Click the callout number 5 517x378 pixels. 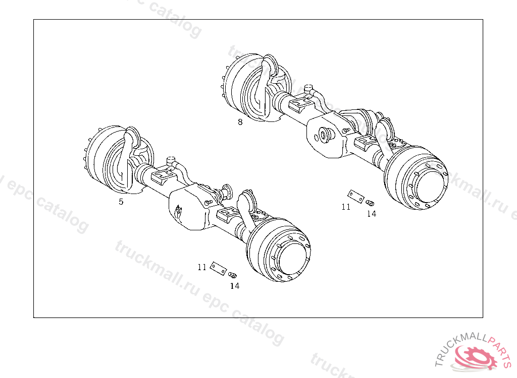click(x=121, y=202)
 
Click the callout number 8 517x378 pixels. click(x=240, y=122)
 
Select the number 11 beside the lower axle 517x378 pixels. click(x=202, y=267)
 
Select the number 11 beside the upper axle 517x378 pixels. click(x=346, y=207)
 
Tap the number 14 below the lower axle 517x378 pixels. click(x=235, y=286)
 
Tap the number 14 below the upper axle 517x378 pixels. click(x=372, y=214)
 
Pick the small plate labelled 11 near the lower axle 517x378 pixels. click(x=218, y=268)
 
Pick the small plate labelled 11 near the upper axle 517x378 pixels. click(x=356, y=196)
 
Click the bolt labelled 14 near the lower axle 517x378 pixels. click(x=233, y=275)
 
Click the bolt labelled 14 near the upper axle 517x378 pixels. click(x=370, y=203)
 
